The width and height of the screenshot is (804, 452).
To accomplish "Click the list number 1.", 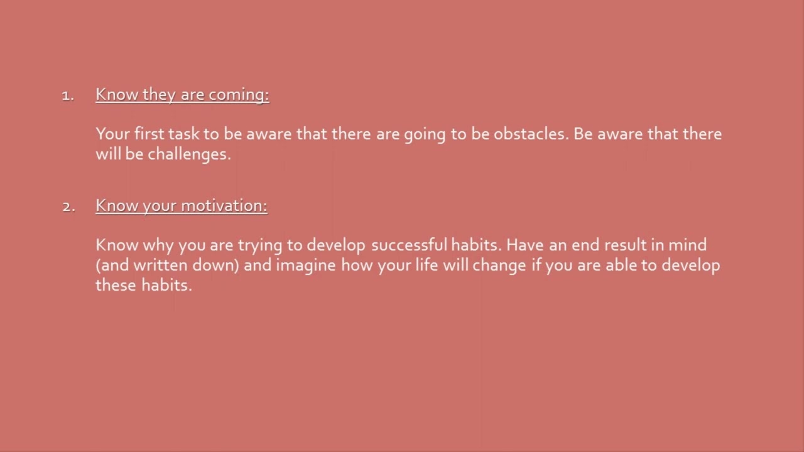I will click(68, 95).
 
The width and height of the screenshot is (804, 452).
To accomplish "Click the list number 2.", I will click(68, 207).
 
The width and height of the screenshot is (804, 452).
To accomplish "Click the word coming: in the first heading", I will click(239, 95).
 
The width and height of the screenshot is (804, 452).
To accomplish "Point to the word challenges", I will click(189, 154).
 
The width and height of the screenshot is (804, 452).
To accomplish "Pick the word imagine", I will click(305, 265).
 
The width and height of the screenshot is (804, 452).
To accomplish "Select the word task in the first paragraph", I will click(183, 134).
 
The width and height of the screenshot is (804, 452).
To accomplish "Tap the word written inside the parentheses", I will click(160, 265).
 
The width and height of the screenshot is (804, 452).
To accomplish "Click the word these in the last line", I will click(116, 285).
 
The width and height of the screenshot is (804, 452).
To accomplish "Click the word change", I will click(499, 265).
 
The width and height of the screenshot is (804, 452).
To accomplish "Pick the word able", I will click(622, 265).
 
